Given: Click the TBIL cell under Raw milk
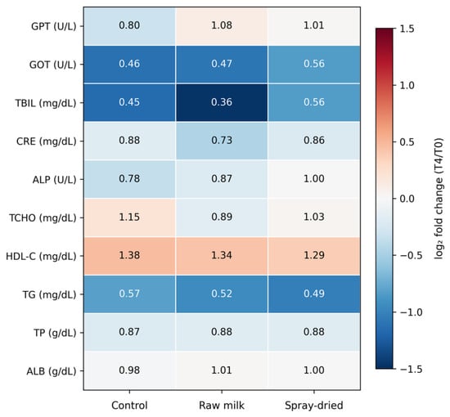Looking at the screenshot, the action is tap(222, 102).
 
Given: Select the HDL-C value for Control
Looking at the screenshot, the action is tap(129, 256).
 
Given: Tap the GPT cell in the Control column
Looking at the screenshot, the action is tap(129, 26).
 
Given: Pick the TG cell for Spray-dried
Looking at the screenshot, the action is tap(314, 294).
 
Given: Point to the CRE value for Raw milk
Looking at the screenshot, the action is tap(222, 141).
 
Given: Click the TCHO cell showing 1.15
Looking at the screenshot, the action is tap(129, 217).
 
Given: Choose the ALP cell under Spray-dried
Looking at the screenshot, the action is tap(314, 179).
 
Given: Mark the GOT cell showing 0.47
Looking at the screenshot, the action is tap(222, 65).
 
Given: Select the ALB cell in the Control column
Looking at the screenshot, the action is tap(129, 370).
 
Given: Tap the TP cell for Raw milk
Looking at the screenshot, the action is tap(222, 332).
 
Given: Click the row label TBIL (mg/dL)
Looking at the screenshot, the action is tap(46, 103).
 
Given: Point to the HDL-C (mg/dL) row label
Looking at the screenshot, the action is tap(42, 256).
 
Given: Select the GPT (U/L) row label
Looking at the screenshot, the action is tap(54, 26).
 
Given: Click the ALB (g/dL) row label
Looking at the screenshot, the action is tap(52, 371).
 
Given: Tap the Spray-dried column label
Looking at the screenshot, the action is tap(314, 406).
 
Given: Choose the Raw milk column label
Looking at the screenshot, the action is tap(222, 406).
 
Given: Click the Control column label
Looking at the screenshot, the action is tap(129, 406).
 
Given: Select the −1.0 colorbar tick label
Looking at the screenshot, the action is tap(411, 312).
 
